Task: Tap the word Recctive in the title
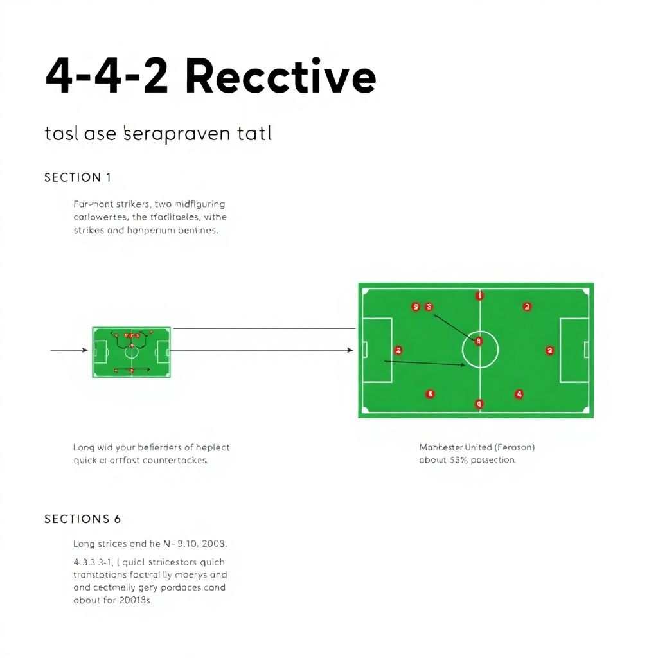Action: (x=280, y=77)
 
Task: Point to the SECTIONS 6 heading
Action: (x=83, y=519)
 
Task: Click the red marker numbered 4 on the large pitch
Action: (x=519, y=394)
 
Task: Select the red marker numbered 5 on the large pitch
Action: (x=431, y=394)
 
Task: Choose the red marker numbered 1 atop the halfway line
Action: (x=479, y=296)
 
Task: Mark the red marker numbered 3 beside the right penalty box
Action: (x=549, y=350)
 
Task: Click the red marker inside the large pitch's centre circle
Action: (x=478, y=342)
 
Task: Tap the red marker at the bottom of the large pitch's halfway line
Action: (x=478, y=404)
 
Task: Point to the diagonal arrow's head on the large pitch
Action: (x=436, y=315)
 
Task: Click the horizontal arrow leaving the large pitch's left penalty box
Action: (x=424, y=363)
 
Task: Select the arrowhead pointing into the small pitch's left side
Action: (x=85, y=350)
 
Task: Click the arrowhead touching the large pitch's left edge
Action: (x=350, y=350)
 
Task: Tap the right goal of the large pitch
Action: (x=586, y=350)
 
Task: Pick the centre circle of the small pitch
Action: (x=131, y=351)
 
